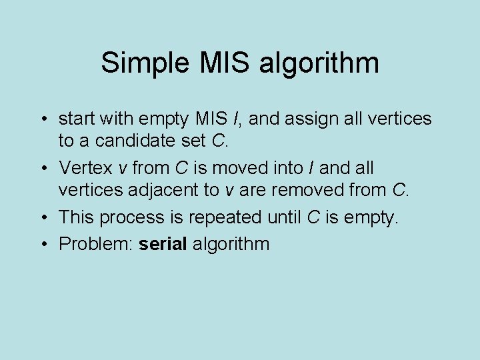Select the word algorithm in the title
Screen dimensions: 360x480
(x=319, y=64)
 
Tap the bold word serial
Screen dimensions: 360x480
(x=163, y=243)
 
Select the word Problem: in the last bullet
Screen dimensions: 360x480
(x=96, y=244)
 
